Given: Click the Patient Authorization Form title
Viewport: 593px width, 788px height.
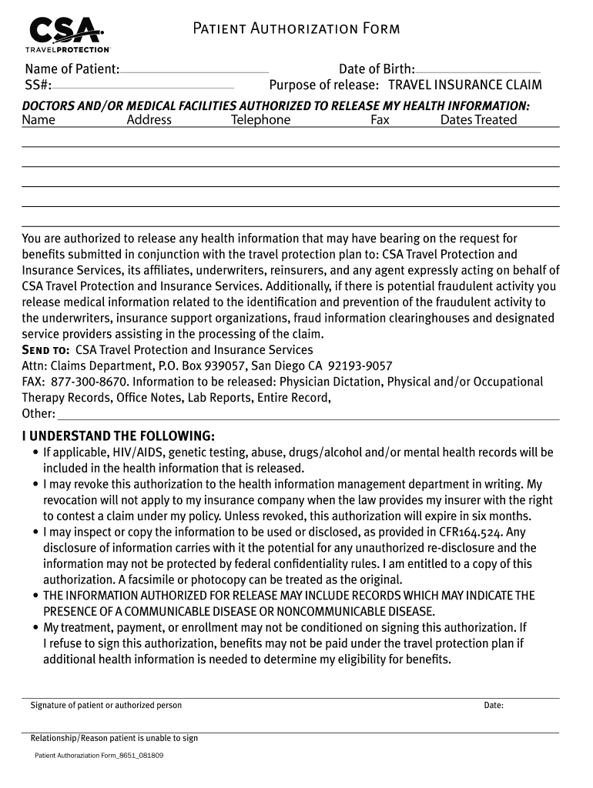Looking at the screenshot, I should click(x=296, y=29).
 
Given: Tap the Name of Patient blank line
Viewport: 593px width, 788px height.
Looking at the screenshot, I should click(x=194, y=71).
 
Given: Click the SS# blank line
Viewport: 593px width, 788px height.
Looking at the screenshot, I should click(x=143, y=86).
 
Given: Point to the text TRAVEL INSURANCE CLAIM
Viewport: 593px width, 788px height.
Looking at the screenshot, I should click(x=464, y=85).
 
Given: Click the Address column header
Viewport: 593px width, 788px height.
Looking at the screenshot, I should click(x=149, y=120).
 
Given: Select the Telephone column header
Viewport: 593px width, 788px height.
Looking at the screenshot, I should click(x=261, y=120).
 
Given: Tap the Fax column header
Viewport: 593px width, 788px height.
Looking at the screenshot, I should click(x=380, y=120).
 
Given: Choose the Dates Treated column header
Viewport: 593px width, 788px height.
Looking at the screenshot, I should click(x=478, y=120).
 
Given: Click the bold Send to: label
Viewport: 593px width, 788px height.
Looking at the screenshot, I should click(x=45, y=350).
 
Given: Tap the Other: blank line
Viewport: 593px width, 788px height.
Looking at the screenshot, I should click(x=308, y=416).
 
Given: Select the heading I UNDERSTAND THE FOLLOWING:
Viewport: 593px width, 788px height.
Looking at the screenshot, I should click(x=118, y=436).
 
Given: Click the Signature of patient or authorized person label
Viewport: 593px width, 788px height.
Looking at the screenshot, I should click(x=106, y=706).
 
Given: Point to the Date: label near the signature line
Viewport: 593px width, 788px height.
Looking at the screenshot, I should click(x=494, y=706).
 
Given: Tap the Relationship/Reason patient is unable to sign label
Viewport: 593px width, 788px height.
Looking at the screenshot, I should click(x=114, y=739).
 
